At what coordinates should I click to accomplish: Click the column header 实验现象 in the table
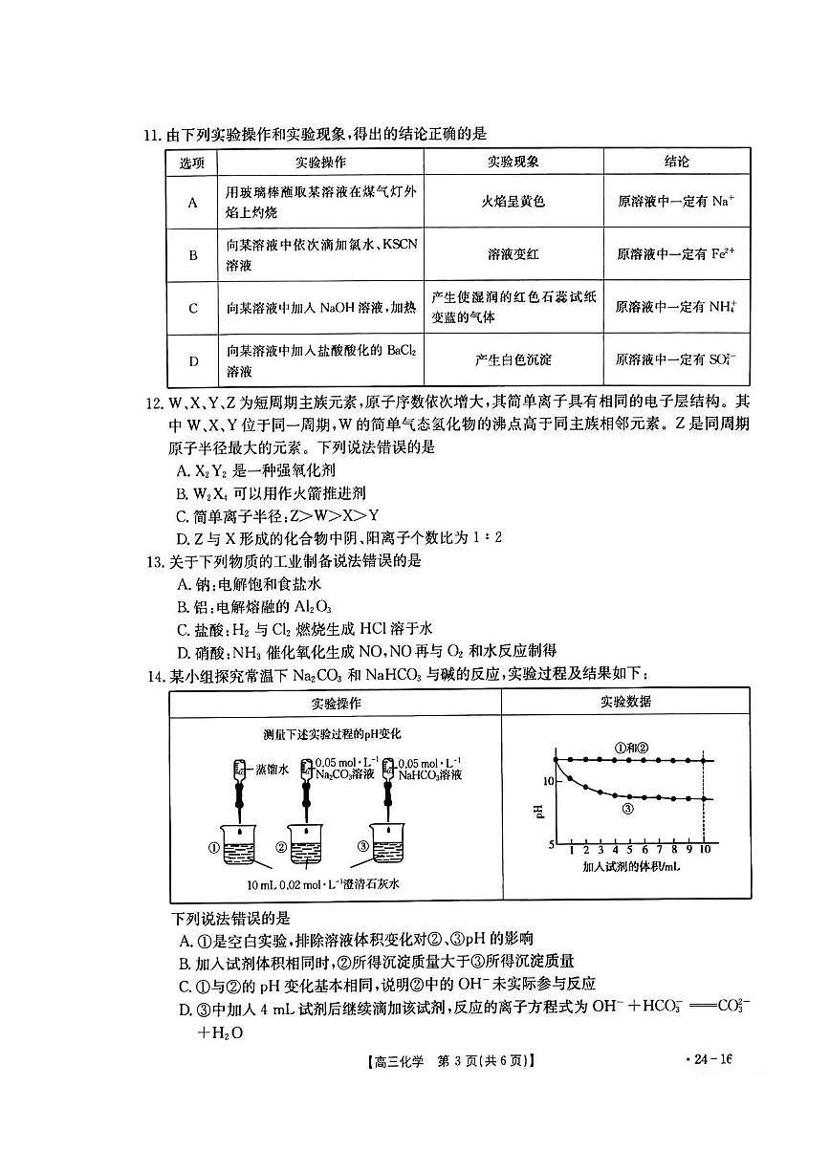(x=512, y=162)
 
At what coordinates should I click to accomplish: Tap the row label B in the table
(x=192, y=254)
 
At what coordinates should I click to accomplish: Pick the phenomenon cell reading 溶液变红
(x=512, y=254)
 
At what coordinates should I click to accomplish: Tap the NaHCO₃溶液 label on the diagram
(x=429, y=774)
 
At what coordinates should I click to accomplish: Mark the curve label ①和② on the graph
(x=631, y=748)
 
